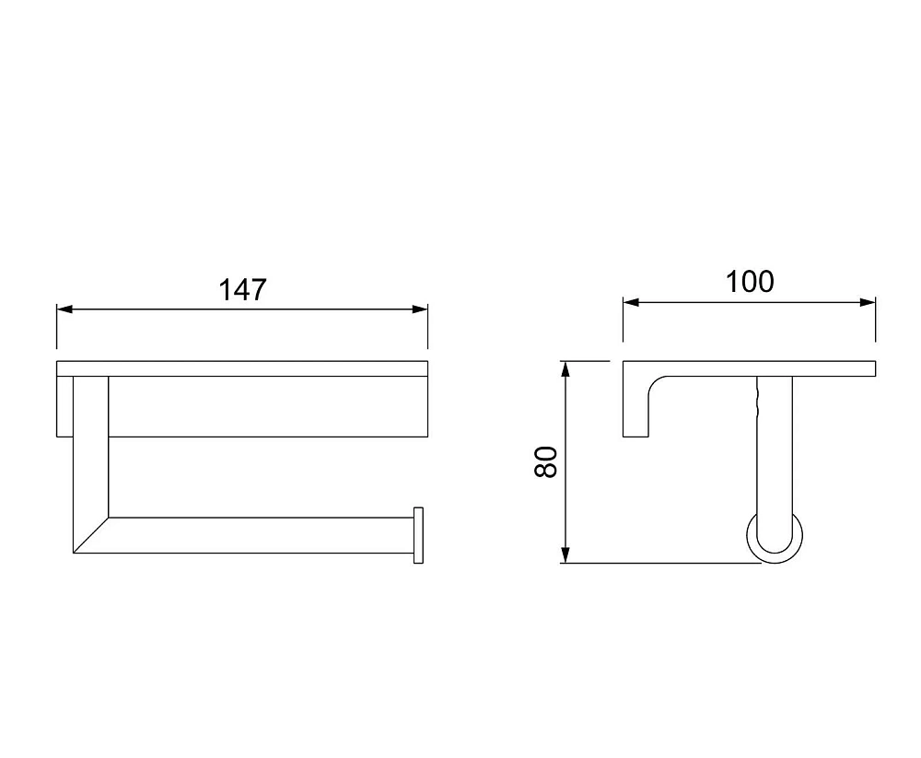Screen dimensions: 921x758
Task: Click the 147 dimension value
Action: click(242, 290)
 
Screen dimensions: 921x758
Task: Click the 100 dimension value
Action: click(750, 282)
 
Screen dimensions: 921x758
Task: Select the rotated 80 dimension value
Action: click(546, 461)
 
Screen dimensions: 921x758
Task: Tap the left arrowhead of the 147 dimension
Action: click(64, 309)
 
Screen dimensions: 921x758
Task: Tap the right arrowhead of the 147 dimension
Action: click(420, 309)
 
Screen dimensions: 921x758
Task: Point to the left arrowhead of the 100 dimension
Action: click(631, 303)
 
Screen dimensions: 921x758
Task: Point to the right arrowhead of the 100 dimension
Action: click(868, 303)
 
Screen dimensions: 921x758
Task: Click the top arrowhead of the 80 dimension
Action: click(565, 369)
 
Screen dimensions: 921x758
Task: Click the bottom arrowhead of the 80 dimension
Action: click(565, 555)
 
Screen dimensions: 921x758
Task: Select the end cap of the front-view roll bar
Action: click(418, 535)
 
